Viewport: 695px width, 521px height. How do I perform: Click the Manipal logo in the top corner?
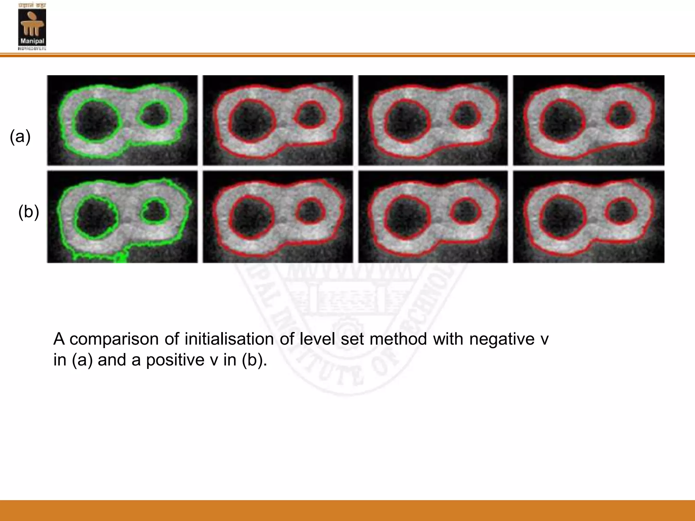(x=32, y=26)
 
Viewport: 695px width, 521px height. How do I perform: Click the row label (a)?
(x=20, y=136)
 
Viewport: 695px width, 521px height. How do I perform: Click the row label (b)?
(x=29, y=212)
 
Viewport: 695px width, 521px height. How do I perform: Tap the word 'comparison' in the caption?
(x=114, y=339)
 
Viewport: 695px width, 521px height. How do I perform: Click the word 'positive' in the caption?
(x=175, y=360)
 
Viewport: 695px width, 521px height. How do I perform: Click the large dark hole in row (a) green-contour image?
(x=97, y=120)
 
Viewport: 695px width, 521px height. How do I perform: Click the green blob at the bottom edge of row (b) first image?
(x=120, y=258)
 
